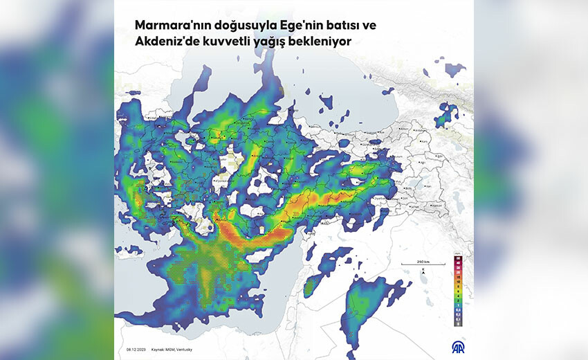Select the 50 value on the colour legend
pyautogui.click(x=458, y=258)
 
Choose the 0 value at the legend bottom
pyautogui.click(x=458, y=324)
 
